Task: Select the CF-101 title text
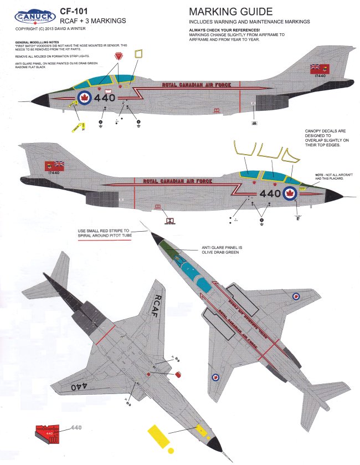(74, 11)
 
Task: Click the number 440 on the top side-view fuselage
(105, 98)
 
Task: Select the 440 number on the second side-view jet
(270, 193)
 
